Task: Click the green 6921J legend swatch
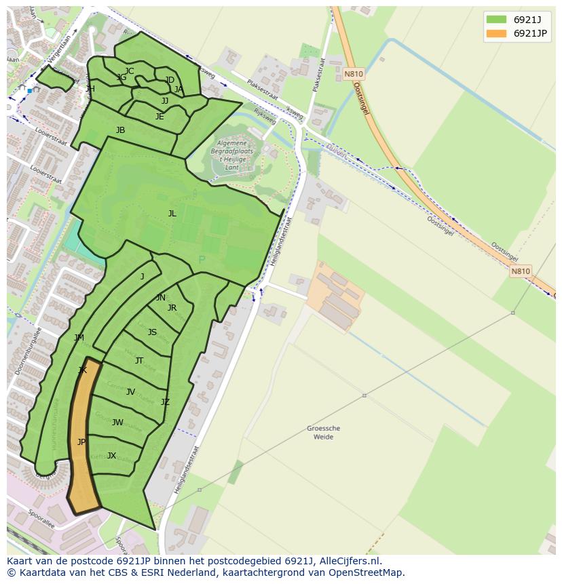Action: click(x=496, y=20)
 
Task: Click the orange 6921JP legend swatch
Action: click(x=496, y=33)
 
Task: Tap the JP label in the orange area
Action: click(x=81, y=442)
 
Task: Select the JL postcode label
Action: click(x=172, y=214)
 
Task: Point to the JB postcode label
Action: click(x=120, y=130)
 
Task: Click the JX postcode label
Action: click(x=111, y=456)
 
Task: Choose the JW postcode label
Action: click(x=117, y=423)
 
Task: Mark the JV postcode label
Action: click(x=130, y=392)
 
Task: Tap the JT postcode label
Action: click(x=139, y=361)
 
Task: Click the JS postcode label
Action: click(x=152, y=332)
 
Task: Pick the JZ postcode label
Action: click(x=165, y=402)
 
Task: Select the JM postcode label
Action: click(x=79, y=338)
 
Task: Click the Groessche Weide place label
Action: click(x=323, y=433)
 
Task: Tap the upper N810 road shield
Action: click(x=353, y=74)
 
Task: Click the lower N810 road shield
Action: click(x=520, y=271)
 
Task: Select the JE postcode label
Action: click(x=160, y=117)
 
